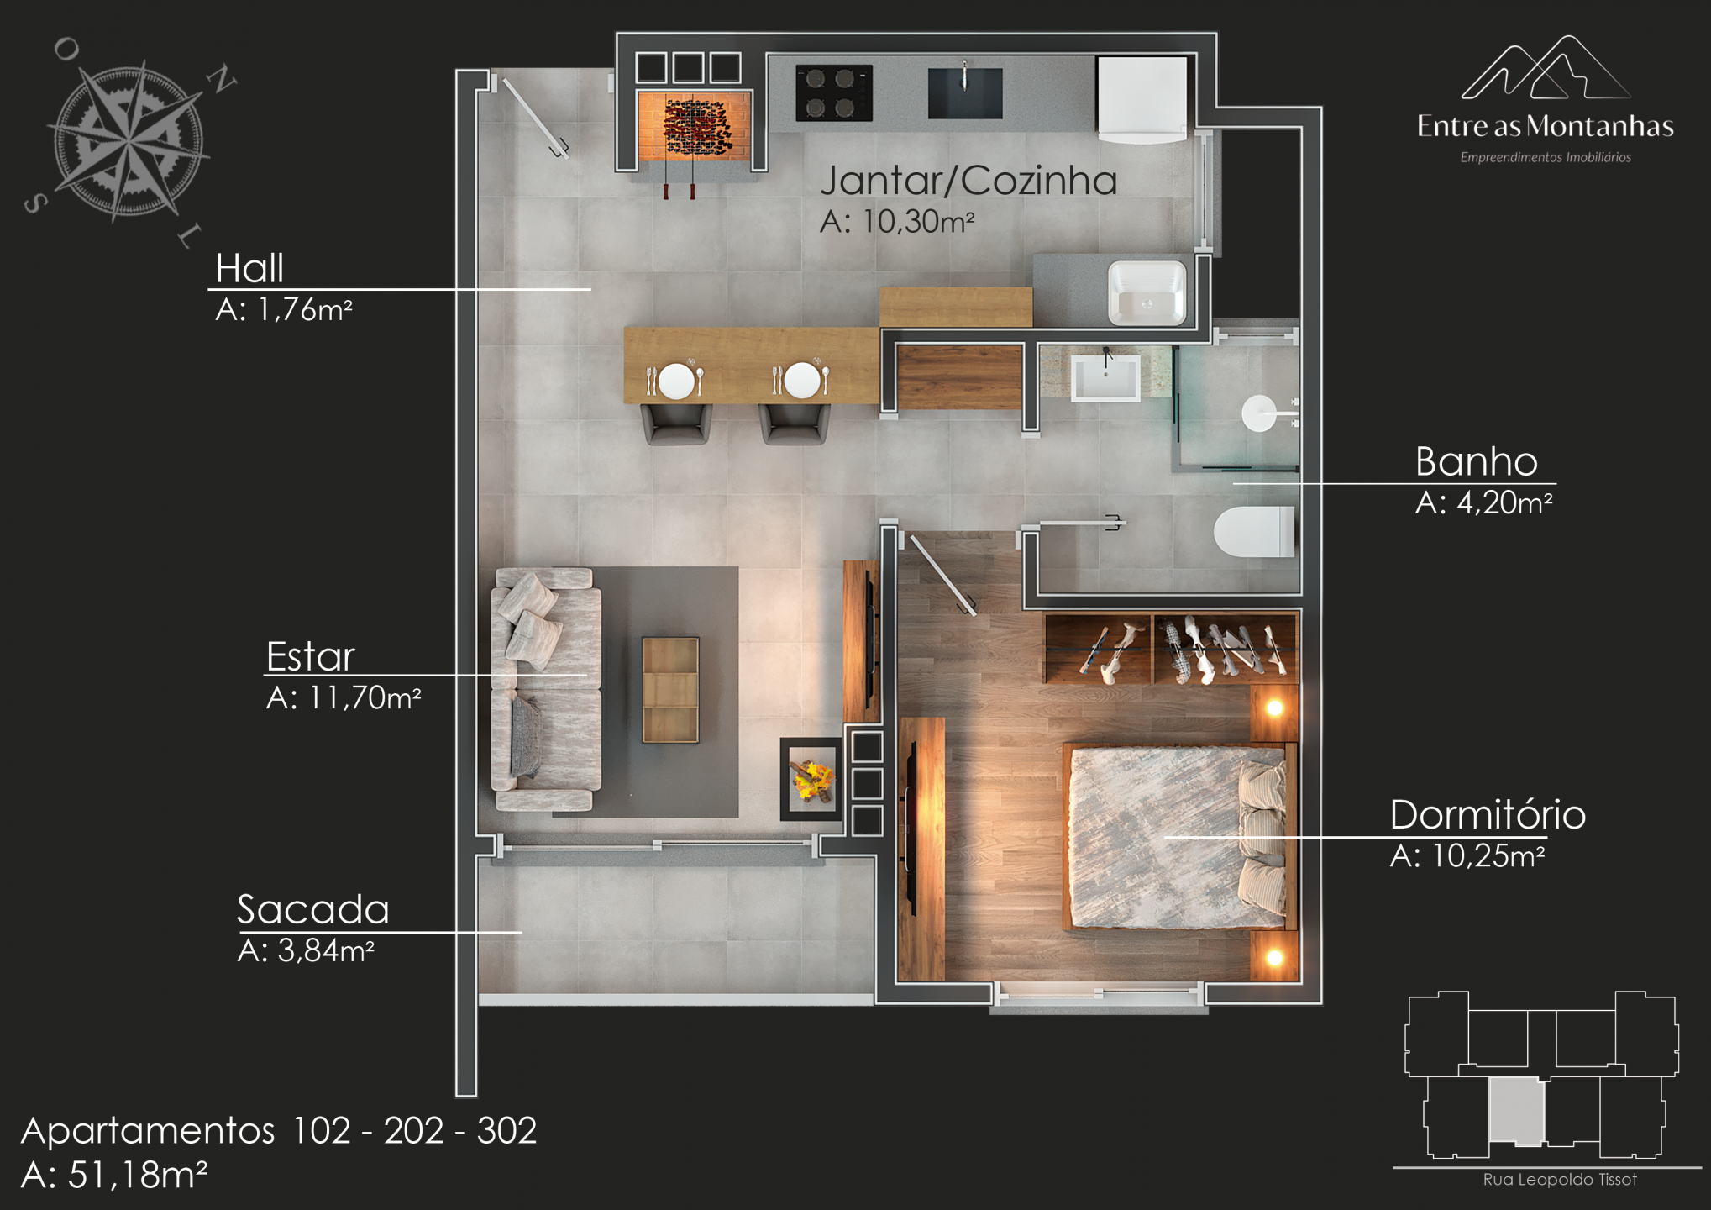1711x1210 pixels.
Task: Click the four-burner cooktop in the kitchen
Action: (834, 92)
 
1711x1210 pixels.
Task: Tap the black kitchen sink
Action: (965, 92)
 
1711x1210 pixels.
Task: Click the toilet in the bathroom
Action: (1254, 531)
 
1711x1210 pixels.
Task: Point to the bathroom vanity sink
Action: (1105, 377)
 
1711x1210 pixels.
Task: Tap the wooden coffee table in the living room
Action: (670, 690)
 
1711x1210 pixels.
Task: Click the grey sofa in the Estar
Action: (546, 689)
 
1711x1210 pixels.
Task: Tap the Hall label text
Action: (249, 269)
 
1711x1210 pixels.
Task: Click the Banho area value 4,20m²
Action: (1483, 502)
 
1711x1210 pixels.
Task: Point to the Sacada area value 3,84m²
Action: (306, 950)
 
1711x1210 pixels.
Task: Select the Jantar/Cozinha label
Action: (968, 181)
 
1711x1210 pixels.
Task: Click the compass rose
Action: (129, 141)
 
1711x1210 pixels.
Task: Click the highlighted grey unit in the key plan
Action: (1516, 1111)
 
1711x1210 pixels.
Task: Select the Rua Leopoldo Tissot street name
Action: (1560, 1180)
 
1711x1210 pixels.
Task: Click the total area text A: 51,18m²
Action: (114, 1175)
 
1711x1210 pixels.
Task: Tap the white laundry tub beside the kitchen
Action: (1147, 292)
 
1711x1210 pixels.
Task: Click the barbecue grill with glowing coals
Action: (693, 126)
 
